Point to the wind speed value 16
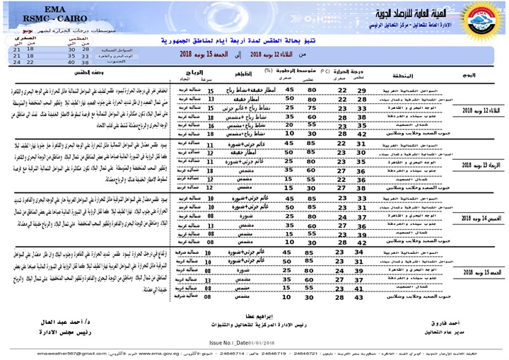point(210,124)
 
